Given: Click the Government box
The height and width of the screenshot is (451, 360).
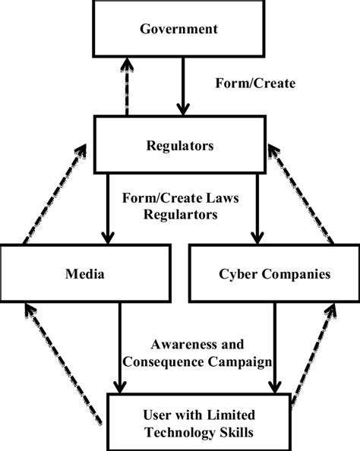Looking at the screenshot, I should [179, 30].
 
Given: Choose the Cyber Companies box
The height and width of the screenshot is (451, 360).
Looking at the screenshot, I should [270, 273].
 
